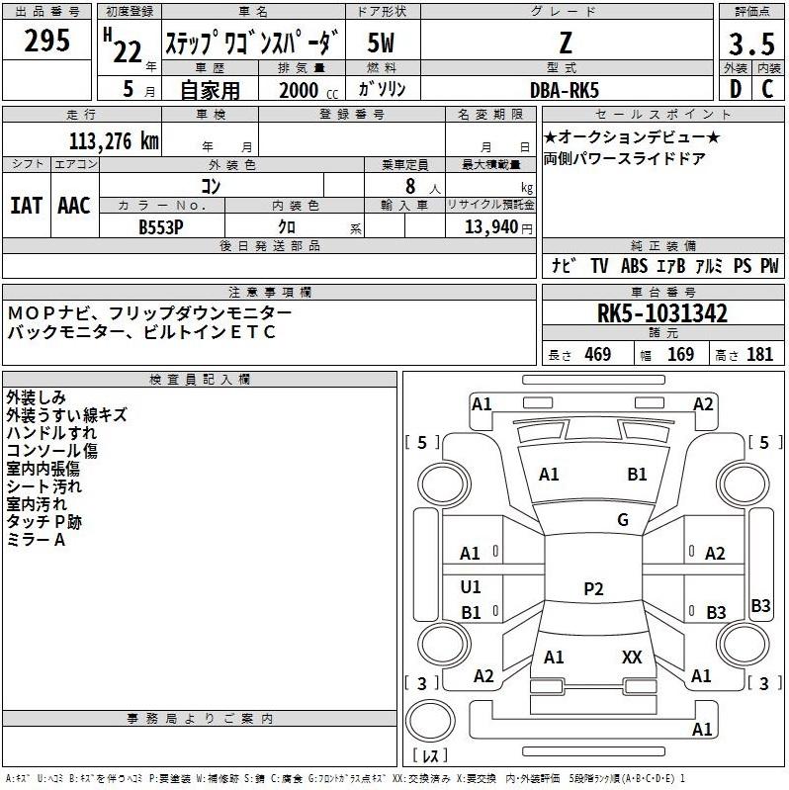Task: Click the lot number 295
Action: tap(46, 42)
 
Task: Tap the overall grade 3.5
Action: tap(750, 44)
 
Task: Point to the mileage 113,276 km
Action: tap(114, 141)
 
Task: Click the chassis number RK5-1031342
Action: tap(662, 314)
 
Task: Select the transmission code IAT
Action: tap(26, 206)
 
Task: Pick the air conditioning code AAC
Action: tap(74, 206)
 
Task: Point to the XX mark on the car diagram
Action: tap(632, 657)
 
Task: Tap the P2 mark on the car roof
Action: tap(593, 589)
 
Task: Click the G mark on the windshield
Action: tap(623, 520)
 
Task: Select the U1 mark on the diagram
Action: tap(471, 587)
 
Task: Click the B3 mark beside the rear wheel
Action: tap(760, 605)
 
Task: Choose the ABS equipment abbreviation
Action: tap(634, 266)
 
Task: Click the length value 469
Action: tap(597, 354)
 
